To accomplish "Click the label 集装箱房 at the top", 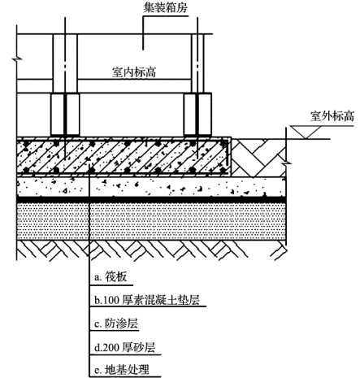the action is [x=165, y=7].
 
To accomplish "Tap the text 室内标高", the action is [x=134, y=72].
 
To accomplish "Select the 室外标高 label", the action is [x=332, y=116].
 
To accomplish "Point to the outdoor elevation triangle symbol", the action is [x=306, y=132].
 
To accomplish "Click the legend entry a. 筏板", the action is [x=111, y=277].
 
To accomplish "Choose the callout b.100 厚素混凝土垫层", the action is [x=147, y=300].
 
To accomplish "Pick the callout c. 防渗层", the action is [x=116, y=324].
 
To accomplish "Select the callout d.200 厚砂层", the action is [x=125, y=347].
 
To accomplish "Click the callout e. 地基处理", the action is [x=122, y=370].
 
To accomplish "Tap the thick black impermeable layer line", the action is [x=151, y=199].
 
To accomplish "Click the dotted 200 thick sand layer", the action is [x=151, y=221].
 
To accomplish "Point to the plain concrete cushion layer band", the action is [x=151, y=187].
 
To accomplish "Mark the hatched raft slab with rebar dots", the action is [x=124, y=157].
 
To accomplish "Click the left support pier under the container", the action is [x=65, y=115].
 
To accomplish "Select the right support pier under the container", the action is [x=197, y=115].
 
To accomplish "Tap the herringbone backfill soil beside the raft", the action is [x=258, y=158].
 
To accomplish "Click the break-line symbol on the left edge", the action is [x=17, y=59].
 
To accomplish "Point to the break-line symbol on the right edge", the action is [x=286, y=163].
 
